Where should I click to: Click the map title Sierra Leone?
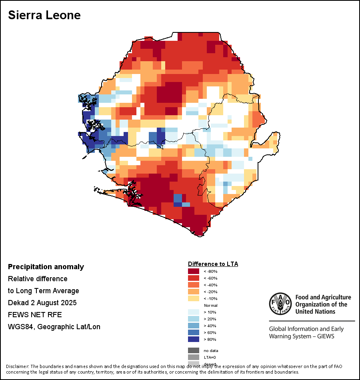click(x=44, y=15)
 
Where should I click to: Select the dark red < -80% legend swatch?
click(x=194, y=271)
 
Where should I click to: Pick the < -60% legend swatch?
click(x=194, y=278)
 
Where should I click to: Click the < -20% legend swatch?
click(x=194, y=292)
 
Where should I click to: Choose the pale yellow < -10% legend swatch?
click(x=194, y=298)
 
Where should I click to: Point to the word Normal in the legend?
click(x=210, y=305)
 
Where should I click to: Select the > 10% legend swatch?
click(x=194, y=312)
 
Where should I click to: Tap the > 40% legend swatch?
click(x=194, y=326)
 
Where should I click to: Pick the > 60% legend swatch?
click(x=194, y=332)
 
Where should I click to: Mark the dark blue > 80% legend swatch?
click(x=194, y=339)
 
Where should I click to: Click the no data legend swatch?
click(x=194, y=350)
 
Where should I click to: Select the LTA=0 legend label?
click(x=210, y=357)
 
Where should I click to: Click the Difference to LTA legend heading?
click(x=213, y=264)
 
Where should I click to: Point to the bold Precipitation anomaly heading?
click(x=46, y=267)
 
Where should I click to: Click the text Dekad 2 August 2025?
click(x=42, y=303)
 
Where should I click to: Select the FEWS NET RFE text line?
click(x=35, y=315)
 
